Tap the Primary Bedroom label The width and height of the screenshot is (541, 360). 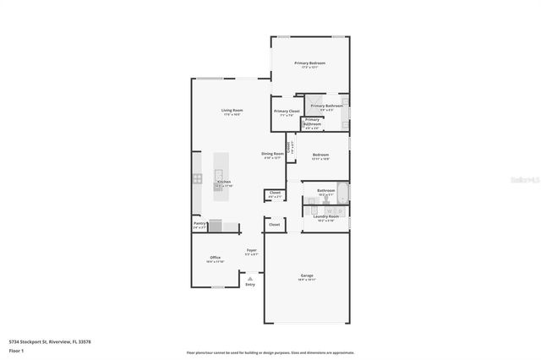tap(309, 63)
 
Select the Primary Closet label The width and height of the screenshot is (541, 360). tap(287, 112)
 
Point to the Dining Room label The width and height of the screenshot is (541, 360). tap(272, 154)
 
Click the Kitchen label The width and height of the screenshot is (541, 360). tap(223, 183)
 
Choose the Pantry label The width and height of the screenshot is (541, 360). tap(199, 224)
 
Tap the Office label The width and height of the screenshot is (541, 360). tap(215, 258)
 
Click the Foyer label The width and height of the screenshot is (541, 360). tap(251, 251)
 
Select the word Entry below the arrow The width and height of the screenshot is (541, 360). tap(250, 285)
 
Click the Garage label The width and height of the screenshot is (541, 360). tap(307, 275)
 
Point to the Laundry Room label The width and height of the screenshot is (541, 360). tap(325, 216)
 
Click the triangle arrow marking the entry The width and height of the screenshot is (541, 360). tap(250, 276)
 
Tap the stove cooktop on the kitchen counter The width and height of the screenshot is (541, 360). tap(197, 179)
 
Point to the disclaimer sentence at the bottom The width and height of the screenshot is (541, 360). tap(270, 352)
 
